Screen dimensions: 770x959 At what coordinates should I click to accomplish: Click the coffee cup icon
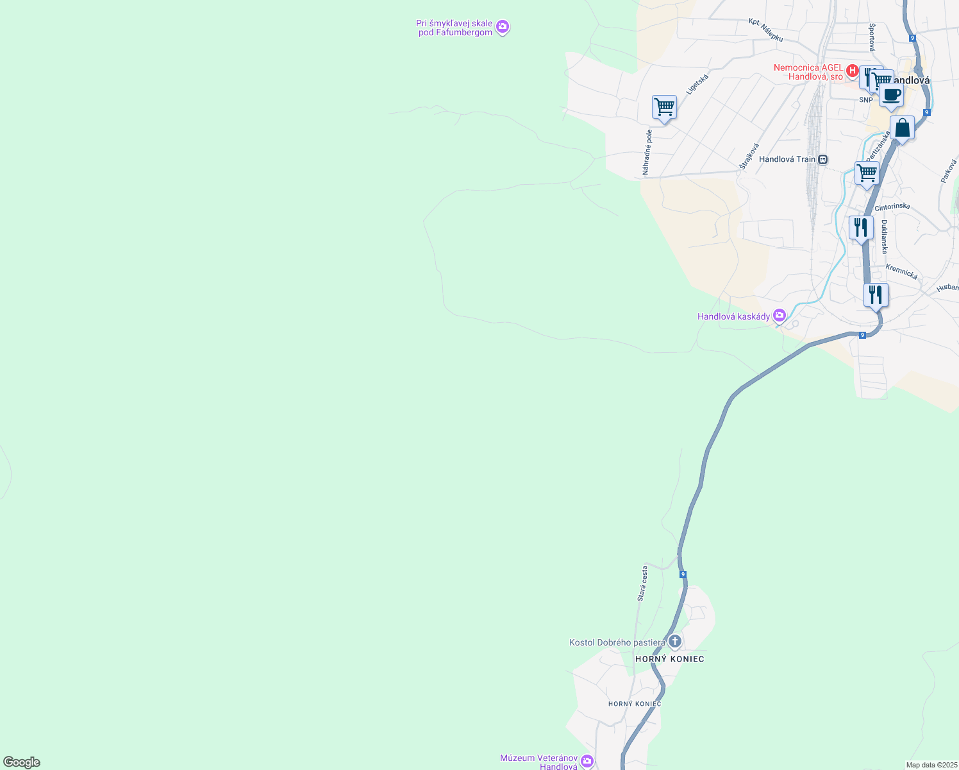891,95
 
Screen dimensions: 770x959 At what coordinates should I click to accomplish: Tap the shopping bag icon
902,128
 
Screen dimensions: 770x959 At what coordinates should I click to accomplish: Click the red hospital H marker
853,70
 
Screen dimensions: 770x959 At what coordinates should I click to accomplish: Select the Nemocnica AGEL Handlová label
808,72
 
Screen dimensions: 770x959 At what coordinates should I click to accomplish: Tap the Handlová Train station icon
822,159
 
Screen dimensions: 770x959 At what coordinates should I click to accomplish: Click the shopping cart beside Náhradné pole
664,107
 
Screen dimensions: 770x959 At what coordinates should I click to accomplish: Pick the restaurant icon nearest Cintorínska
861,227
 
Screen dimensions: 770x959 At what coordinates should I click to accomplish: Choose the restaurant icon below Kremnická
875,295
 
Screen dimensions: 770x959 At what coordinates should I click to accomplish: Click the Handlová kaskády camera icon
780,315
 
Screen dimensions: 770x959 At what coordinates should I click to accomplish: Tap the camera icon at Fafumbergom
503,27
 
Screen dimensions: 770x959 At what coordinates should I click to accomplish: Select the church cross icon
674,641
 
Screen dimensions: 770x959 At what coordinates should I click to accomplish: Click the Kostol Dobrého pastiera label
617,642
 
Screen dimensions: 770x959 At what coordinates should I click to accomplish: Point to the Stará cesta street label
642,583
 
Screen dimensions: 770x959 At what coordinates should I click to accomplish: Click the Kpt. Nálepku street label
766,30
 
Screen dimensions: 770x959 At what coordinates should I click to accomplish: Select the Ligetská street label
697,85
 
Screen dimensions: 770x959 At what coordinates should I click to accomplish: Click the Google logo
21,762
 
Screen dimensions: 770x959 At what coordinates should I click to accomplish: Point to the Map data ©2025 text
931,765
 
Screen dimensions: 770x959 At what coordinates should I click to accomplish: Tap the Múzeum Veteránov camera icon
587,761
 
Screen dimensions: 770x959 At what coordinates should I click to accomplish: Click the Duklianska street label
885,237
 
